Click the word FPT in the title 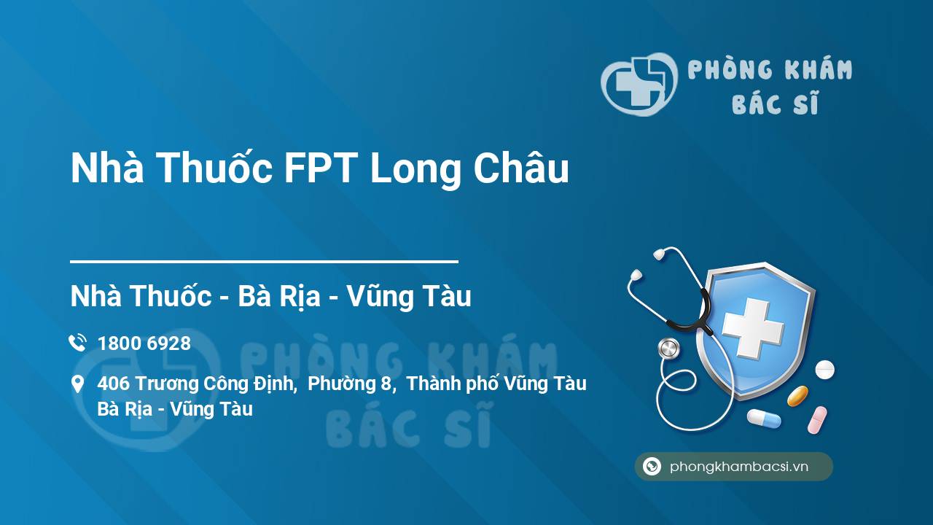[320, 168]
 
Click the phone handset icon [78, 343]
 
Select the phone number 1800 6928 [144, 343]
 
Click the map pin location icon [78, 384]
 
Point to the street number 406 [113, 384]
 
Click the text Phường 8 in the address [351, 384]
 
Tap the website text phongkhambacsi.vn [739, 467]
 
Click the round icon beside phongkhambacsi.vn [652, 466]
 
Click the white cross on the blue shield [753, 327]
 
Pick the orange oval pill [797, 396]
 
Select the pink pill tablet [817, 420]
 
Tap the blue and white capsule [764, 419]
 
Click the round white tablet [824, 370]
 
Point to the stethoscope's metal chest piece [668, 349]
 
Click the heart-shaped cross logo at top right [639, 84]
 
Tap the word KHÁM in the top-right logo [819, 69]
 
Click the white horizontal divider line [264, 262]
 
